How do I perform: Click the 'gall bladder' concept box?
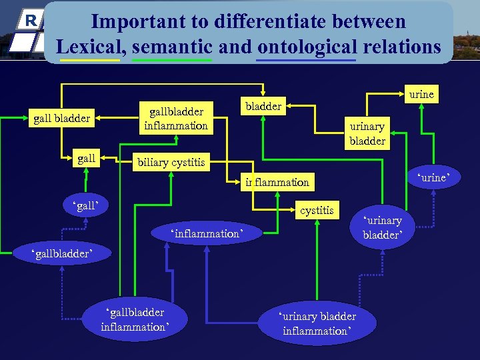tap(62, 119)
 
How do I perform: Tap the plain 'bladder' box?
tap(264, 106)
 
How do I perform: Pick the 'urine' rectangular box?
tap(421, 94)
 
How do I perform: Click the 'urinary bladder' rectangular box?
tap(367, 133)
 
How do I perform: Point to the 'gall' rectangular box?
tap(87, 159)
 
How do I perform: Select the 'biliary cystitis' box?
tap(171, 162)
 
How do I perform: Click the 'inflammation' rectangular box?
tap(277, 182)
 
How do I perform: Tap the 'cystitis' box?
tap(317, 211)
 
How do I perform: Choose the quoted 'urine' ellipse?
tap(433, 178)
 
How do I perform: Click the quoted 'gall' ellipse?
tap(85, 203)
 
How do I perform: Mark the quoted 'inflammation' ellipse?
tap(206, 233)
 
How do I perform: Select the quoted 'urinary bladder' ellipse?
tap(383, 227)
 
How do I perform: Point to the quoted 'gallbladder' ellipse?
tap(63, 253)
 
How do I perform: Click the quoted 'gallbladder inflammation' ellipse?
tap(135, 319)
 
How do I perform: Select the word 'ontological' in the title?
tap(307, 47)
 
